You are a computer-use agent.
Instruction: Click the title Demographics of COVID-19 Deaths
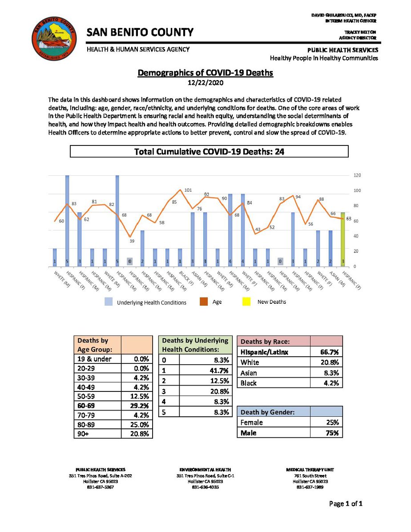point(205,73)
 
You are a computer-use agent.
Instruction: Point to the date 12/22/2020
point(205,83)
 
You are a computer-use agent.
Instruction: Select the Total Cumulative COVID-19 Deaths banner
point(209,152)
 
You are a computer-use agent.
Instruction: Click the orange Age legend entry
point(212,302)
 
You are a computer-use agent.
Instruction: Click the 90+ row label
point(84,433)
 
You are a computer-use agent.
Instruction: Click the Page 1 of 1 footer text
point(346,504)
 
